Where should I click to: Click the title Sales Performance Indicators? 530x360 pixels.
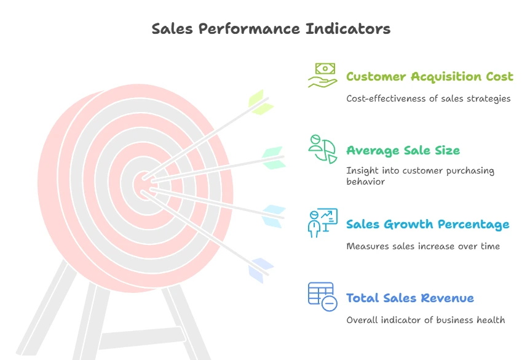pyautogui.click(x=271, y=29)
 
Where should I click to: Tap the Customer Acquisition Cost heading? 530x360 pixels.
pyautogui.click(x=430, y=77)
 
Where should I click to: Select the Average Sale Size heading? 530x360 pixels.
pyautogui.click(x=403, y=151)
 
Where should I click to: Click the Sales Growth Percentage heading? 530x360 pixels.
pyautogui.click(x=427, y=225)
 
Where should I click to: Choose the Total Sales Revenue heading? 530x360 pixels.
pyautogui.click(x=410, y=298)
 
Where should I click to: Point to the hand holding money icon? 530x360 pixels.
pyautogui.click(x=322, y=75)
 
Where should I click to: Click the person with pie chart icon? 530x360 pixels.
pyautogui.click(x=322, y=149)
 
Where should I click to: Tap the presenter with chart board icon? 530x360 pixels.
pyautogui.click(x=322, y=223)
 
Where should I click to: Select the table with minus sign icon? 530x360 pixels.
pyautogui.click(x=322, y=297)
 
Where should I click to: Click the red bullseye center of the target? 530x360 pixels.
pyautogui.click(x=144, y=185)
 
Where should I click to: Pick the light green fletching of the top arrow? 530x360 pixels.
pyautogui.click(x=261, y=102)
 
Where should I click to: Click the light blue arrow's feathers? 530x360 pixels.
pyautogui.click(x=274, y=216)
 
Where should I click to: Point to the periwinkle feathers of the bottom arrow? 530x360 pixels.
pyautogui.click(x=261, y=270)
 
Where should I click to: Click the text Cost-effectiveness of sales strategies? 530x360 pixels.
pyautogui.click(x=429, y=99)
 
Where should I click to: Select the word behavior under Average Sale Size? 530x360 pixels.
pyautogui.click(x=365, y=182)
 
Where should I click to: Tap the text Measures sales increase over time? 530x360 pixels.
pyautogui.click(x=423, y=246)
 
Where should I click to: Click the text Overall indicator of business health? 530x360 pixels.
pyautogui.click(x=425, y=320)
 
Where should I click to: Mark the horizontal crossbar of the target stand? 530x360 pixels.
pyautogui.click(x=142, y=338)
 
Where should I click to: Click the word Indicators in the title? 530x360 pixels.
pyautogui.click(x=348, y=29)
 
